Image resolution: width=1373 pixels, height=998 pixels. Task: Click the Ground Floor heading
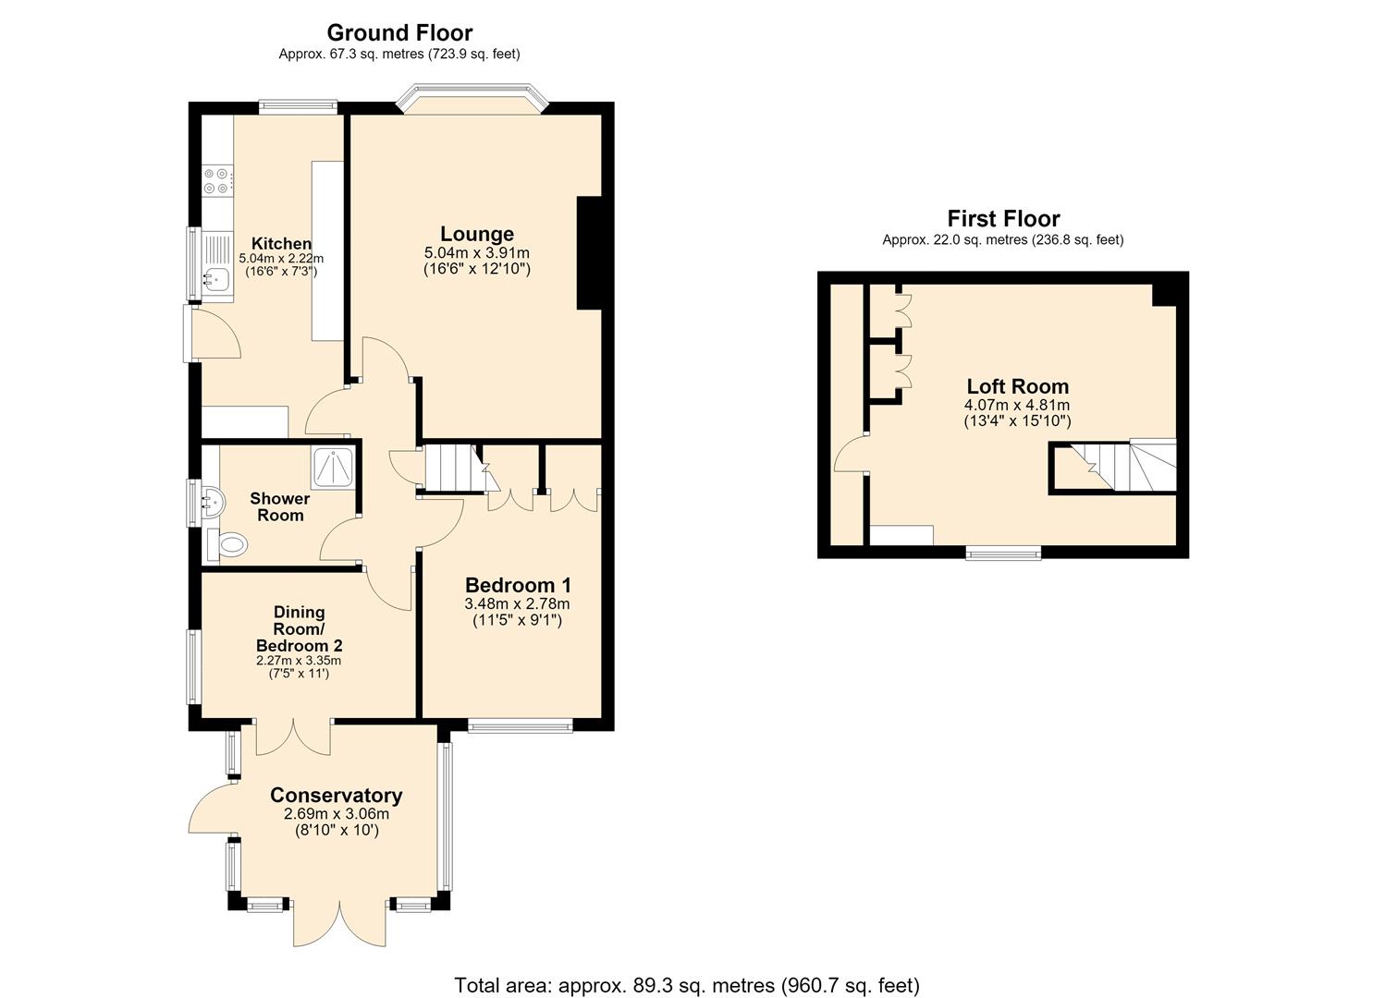[x=399, y=31]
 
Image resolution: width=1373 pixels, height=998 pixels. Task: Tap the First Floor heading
[x=1003, y=218]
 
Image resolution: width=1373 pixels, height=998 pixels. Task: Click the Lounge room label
[x=477, y=234]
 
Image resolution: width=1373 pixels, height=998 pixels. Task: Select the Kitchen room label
[x=281, y=243]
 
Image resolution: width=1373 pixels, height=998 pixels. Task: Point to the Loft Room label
[x=1017, y=386]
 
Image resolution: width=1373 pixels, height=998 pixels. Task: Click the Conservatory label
[x=336, y=795]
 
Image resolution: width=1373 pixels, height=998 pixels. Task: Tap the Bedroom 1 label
[x=518, y=584]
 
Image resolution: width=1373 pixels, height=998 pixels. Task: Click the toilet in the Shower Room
[x=227, y=544]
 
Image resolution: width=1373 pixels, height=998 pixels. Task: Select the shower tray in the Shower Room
[x=333, y=469]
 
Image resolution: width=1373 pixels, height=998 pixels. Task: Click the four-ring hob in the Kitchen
[x=218, y=181]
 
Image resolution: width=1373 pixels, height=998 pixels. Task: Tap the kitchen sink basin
[x=215, y=280]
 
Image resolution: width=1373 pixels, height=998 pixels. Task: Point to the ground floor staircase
[x=457, y=469]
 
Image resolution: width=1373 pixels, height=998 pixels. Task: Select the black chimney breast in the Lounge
[x=590, y=253]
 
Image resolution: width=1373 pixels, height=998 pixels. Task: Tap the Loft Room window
[x=1003, y=553]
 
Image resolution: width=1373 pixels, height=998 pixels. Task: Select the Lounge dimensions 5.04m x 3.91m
[x=477, y=252]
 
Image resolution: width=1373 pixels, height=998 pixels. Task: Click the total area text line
[x=686, y=968]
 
